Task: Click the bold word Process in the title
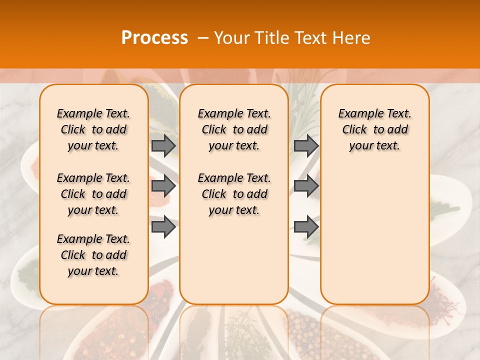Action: tap(154, 38)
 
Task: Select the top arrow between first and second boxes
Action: tap(163, 145)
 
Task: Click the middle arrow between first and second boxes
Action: tap(163, 186)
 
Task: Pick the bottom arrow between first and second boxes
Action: tap(163, 227)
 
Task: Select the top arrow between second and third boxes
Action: tap(305, 145)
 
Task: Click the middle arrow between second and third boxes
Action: tap(305, 186)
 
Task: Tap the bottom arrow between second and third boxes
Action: tap(305, 227)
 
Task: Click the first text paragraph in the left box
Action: tap(93, 129)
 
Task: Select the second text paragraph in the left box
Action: tap(93, 194)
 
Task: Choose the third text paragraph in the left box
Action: tap(93, 255)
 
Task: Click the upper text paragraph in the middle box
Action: tap(234, 129)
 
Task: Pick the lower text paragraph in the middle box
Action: tap(234, 194)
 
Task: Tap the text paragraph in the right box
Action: tap(374, 129)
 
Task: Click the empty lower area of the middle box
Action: tap(234, 260)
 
